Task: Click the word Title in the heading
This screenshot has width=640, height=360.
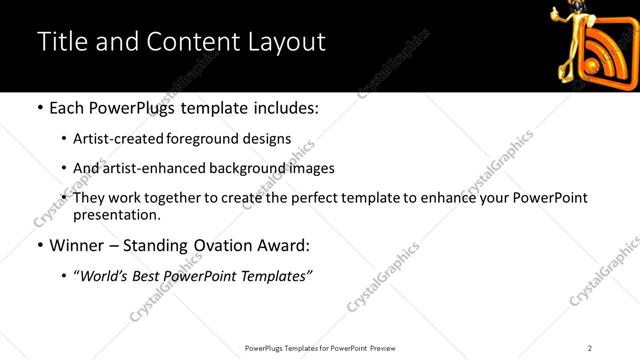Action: click(59, 42)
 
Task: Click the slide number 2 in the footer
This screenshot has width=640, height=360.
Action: click(590, 347)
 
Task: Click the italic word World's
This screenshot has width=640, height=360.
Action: click(108, 274)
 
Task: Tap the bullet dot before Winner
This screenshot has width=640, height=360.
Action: click(39, 245)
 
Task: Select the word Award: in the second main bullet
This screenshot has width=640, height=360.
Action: click(283, 244)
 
